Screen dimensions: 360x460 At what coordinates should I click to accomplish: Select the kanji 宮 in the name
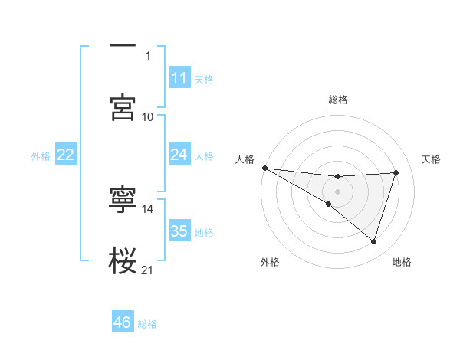click(x=123, y=107)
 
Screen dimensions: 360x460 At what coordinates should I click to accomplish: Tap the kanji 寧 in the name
click(x=123, y=201)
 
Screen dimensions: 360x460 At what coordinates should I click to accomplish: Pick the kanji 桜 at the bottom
click(x=123, y=261)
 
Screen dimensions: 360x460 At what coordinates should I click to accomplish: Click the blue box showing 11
click(x=179, y=78)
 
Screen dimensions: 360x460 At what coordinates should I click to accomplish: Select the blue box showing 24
click(x=179, y=155)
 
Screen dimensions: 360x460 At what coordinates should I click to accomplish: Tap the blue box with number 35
click(x=179, y=231)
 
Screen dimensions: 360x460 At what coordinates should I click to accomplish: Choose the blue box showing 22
click(x=65, y=155)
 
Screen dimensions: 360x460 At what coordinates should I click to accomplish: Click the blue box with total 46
click(x=122, y=322)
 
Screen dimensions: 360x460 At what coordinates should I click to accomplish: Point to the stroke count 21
click(x=148, y=270)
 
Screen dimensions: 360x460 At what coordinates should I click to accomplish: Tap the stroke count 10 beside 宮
click(x=148, y=116)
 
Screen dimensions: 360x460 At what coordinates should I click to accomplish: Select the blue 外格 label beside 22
click(x=41, y=155)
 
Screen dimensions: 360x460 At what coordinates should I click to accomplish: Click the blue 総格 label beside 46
click(x=147, y=323)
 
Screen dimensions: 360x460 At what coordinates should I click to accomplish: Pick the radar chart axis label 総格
click(x=337, y=100)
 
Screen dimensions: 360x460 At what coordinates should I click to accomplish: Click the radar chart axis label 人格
click(x=245, y=159)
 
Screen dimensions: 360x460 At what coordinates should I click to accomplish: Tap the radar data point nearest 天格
click(x=396, y=172)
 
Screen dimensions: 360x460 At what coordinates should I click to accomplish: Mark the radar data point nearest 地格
click(x=373, y=241)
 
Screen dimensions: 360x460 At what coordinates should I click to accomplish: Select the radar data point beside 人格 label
click(x=264, y=168)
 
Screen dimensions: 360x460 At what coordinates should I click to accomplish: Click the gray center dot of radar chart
click(x=337, y=191)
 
